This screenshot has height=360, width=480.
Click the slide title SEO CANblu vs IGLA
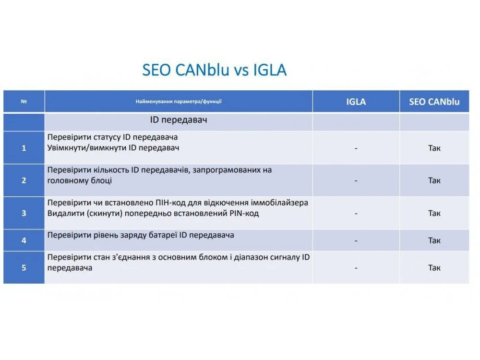coord(214,70)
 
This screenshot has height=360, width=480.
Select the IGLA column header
coord(356,102)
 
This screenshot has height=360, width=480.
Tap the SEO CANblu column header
coord(434,102)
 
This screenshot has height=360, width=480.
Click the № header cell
coord(24,101)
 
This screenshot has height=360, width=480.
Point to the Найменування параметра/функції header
coord(179,101)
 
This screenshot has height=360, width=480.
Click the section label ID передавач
coord(179,120)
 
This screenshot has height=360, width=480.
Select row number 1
coord(24,148)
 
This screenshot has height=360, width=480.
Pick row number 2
coord(24,180)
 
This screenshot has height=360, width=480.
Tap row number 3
coord(24,213)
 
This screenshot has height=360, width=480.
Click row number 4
coord(24,240)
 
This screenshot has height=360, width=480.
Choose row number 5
coord(24,268)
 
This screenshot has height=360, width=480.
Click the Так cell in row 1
coord(434,148)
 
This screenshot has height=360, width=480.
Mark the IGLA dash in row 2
coord(356,181)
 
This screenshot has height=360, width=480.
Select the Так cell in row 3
coord(434,213)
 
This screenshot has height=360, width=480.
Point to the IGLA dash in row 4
coord(356,241)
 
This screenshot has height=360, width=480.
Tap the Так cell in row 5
coord(434,268)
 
